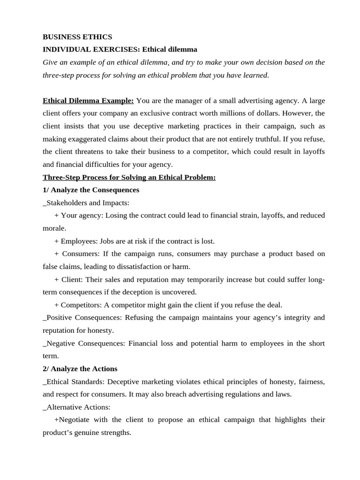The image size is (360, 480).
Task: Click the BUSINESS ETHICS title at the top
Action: (77, 37)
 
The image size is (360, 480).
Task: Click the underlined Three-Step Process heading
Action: (129, 177)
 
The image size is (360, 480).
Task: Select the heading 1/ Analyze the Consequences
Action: (91, 190)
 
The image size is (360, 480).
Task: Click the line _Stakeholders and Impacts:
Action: (86, 203)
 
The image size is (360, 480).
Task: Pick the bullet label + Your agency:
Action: (79, 216)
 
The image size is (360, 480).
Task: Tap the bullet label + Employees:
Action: (76, 241)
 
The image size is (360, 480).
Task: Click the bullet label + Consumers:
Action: (77, 254)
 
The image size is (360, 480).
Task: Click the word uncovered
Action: (180, 292)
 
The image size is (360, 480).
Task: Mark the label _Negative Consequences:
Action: (85, 343)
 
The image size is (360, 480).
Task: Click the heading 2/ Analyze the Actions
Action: (80, 368)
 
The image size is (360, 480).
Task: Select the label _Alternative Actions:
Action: (76, 407)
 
